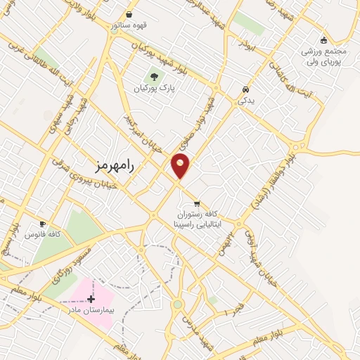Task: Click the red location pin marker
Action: coord(181,165)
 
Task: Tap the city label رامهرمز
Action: coord(113,165)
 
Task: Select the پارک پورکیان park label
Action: coord(154,89)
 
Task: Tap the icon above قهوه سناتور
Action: coord(129,14)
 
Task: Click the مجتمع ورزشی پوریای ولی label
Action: coord(326,56)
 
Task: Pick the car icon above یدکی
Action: coord(245,90)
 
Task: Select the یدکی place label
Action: coord(245,101)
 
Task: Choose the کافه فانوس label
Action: coord(44,233)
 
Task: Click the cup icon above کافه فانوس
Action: coord(44,223)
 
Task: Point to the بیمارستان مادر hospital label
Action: coord(90,310)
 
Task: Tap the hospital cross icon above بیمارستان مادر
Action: coord(90,300)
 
